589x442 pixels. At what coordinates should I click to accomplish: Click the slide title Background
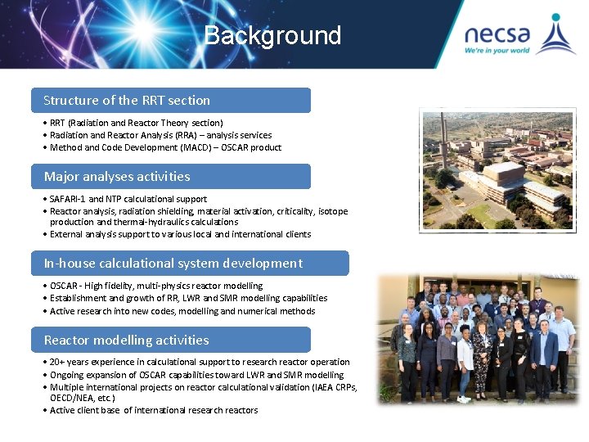click(272, 35)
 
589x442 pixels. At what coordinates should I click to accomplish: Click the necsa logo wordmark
click(497, 34)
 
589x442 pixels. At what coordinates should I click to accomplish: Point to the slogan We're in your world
click(497, 50)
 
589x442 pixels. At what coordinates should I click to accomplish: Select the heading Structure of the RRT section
click(127, 100)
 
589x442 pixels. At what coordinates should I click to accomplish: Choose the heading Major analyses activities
click(117, 176)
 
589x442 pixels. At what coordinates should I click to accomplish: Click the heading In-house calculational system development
click(173, 263)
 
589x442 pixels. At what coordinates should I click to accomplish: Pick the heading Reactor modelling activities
click(127, 340)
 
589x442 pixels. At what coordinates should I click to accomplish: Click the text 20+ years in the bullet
click(66, 362)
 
